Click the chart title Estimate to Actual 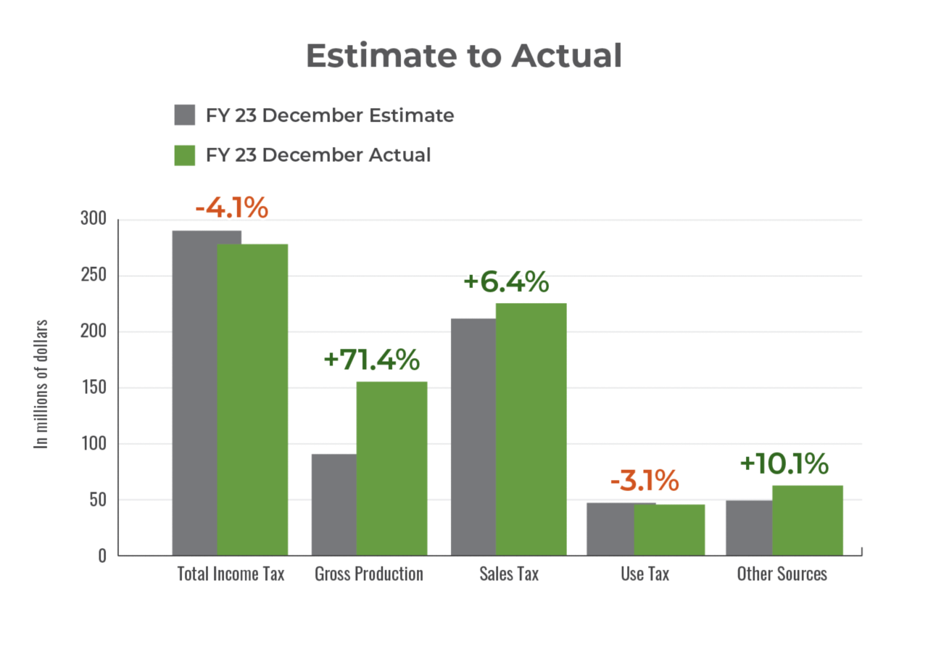pyautogui.click(x=463, y=56)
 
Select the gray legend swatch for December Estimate pyautogui.click(x=185, y=115)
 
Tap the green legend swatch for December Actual pyautogui.click(x=185, y=154)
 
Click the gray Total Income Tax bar pyautogui.click(x=194, y=392)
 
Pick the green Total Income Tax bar pyautogui.click(x=253, y=399)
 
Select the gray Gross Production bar pyautogui.click(x=333, y=504)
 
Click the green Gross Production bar pyautogui.click(x=391, y=468)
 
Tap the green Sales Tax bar pyautogui.click(x=531, y=429)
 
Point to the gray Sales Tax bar pyautogui.click(x=472, y=436)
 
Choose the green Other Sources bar pyautogui.click(x=808, y=519)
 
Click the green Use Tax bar pyautogui.click(x=670, y=529)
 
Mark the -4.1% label pyautogui.click(x=231, y=208)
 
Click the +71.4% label pyautogui.click(x=371, y=359)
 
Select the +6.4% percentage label pyautogui.click(x=506, y=281)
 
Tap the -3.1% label pyautogui.click(x=644, y=480)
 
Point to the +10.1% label pyautogui.click(x=784, y=464)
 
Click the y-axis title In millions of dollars pyautogui.click(x=43, y=384)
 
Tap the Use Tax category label pyautogui.click(x=645, y=574)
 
